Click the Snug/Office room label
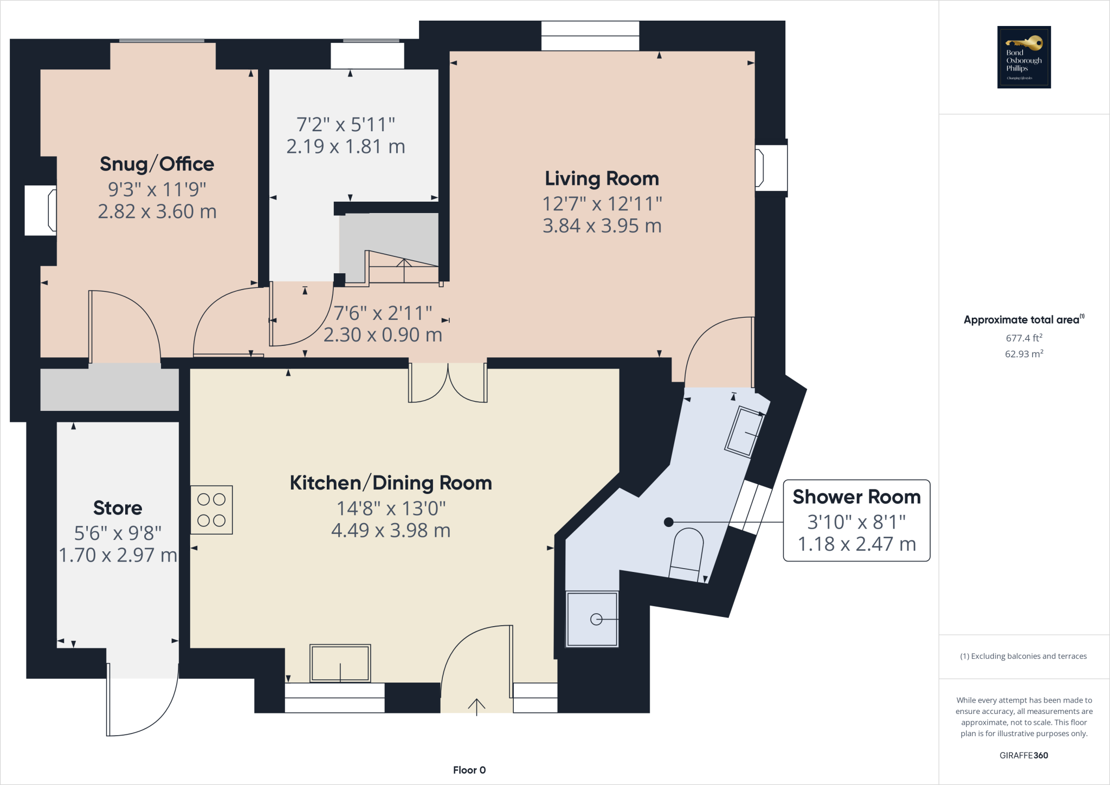[157, 164]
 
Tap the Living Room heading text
[602, 178]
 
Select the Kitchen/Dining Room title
[391, 483]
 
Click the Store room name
[118, 508]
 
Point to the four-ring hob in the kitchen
[211, 510]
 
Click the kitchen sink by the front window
[340, 662]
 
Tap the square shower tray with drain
[592, 619]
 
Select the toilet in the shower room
[687, 554]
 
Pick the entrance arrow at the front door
[476, 706]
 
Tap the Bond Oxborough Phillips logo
[1024, 57]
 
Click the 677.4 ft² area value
[1024, 338]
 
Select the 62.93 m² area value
[1024, 354]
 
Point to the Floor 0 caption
[469, 770]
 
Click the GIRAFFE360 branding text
[1023, 755]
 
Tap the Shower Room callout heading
[856, 497]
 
